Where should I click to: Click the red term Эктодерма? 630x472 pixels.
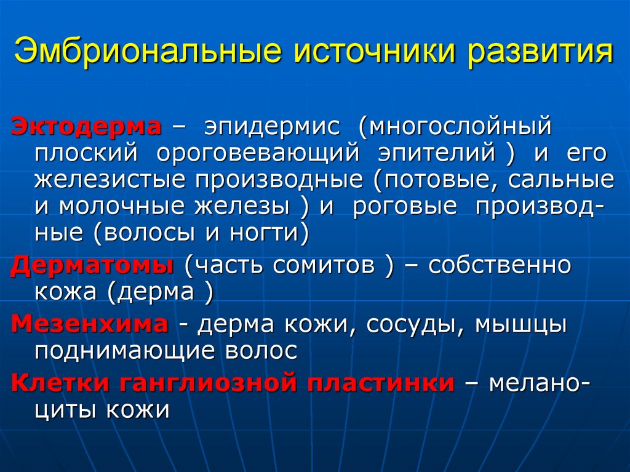(87, 126)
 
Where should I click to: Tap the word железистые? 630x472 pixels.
(110, 180)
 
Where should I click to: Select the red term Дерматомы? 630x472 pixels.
(93, 266)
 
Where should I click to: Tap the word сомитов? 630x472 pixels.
(324, 266)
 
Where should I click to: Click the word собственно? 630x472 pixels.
(500, 266)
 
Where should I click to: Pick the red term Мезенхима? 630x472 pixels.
(89, 324)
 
